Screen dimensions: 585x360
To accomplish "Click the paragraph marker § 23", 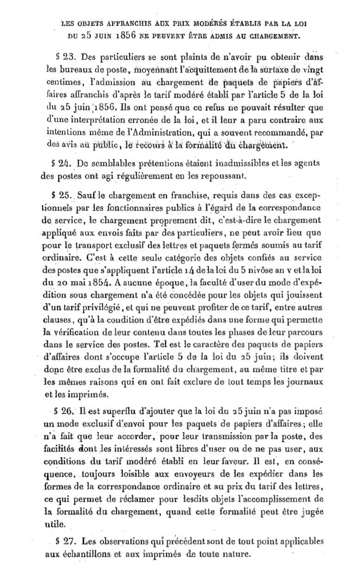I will point(65,58).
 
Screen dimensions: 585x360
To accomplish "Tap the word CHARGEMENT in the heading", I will point(272,34).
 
